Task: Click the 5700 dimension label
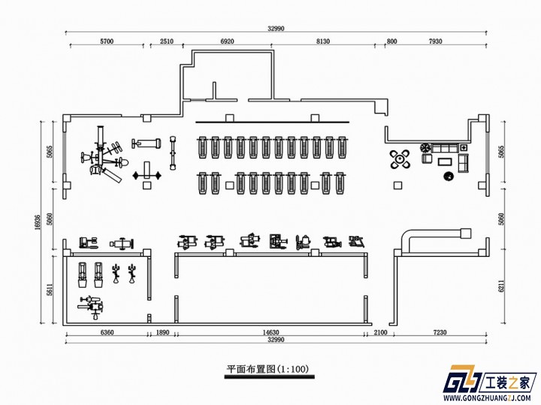click(107, 41)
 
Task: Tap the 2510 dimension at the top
click(167, 41)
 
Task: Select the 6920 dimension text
click(227, 41)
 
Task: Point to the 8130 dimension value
click(323, 41)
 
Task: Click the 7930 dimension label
click(435, 41)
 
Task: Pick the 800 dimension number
click(392, 41)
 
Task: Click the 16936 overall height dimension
click(38, 222)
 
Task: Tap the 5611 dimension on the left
click(50, 290)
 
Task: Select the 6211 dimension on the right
click(501, 286)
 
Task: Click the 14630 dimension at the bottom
click(270, 333)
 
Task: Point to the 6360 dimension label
click(107, 333)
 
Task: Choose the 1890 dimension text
click(162, 333)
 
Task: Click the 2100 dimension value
click(380, 333)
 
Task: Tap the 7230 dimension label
click(440, 333)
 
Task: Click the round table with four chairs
click(400, 159)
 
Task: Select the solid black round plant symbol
click(449, 177)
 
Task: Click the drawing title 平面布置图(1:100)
click(267, 369)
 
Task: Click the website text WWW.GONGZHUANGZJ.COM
click(490, 397)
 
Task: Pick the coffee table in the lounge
click(445, 162)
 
